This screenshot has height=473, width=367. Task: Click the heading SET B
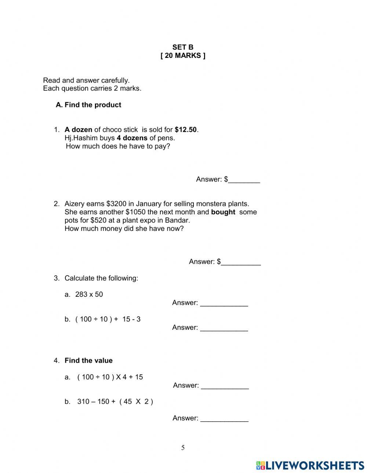183,47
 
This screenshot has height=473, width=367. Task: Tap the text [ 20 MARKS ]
183,56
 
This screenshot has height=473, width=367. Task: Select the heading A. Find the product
88,105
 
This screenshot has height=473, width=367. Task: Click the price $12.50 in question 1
186,130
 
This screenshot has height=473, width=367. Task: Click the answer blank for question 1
244,180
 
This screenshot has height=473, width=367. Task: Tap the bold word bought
223,212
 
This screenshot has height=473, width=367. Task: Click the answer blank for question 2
241,262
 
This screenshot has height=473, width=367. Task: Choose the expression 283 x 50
89,295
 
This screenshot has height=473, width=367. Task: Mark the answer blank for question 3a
224,303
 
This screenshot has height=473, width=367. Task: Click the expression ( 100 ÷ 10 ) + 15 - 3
108,319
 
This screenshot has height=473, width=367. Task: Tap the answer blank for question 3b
224,328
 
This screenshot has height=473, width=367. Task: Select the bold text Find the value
88,361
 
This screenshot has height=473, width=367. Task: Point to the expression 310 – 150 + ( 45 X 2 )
115,402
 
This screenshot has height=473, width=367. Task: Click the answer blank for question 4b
224,419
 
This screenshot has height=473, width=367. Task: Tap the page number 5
183,448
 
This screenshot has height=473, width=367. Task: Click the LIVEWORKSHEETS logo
310,466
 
